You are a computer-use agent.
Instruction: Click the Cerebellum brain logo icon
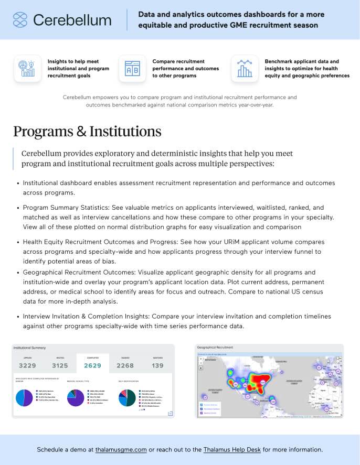[x=20, y=20]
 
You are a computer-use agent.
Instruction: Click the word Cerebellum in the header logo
[x=72, y=20]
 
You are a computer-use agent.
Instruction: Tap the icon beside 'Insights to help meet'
[x=27, y=69]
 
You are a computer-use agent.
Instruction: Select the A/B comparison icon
[x=132, y=69]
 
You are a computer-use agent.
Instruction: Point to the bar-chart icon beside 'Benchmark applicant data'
[x=245, y=69]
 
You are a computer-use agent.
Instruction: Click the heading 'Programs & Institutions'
[x=87, y=131]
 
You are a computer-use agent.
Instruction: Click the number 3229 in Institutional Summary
[x=28, y=365]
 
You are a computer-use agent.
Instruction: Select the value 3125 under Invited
[x=60, y=365]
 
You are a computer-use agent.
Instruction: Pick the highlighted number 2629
[x=93, y=365]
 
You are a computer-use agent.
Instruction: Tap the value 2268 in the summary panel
[x=125, y=365]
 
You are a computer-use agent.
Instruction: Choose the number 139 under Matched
[x=157, y=365]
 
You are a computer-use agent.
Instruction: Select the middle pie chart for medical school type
[x=76, y=397]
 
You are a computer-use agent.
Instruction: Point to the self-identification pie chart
[x=127, y=397]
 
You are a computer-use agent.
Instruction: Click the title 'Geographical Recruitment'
[x=215, y=348]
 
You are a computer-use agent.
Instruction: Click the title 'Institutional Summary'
[x=29, y=348]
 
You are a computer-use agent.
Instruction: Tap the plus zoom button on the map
[x=201, y=359]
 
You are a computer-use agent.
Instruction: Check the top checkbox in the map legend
[x=202, y=404]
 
